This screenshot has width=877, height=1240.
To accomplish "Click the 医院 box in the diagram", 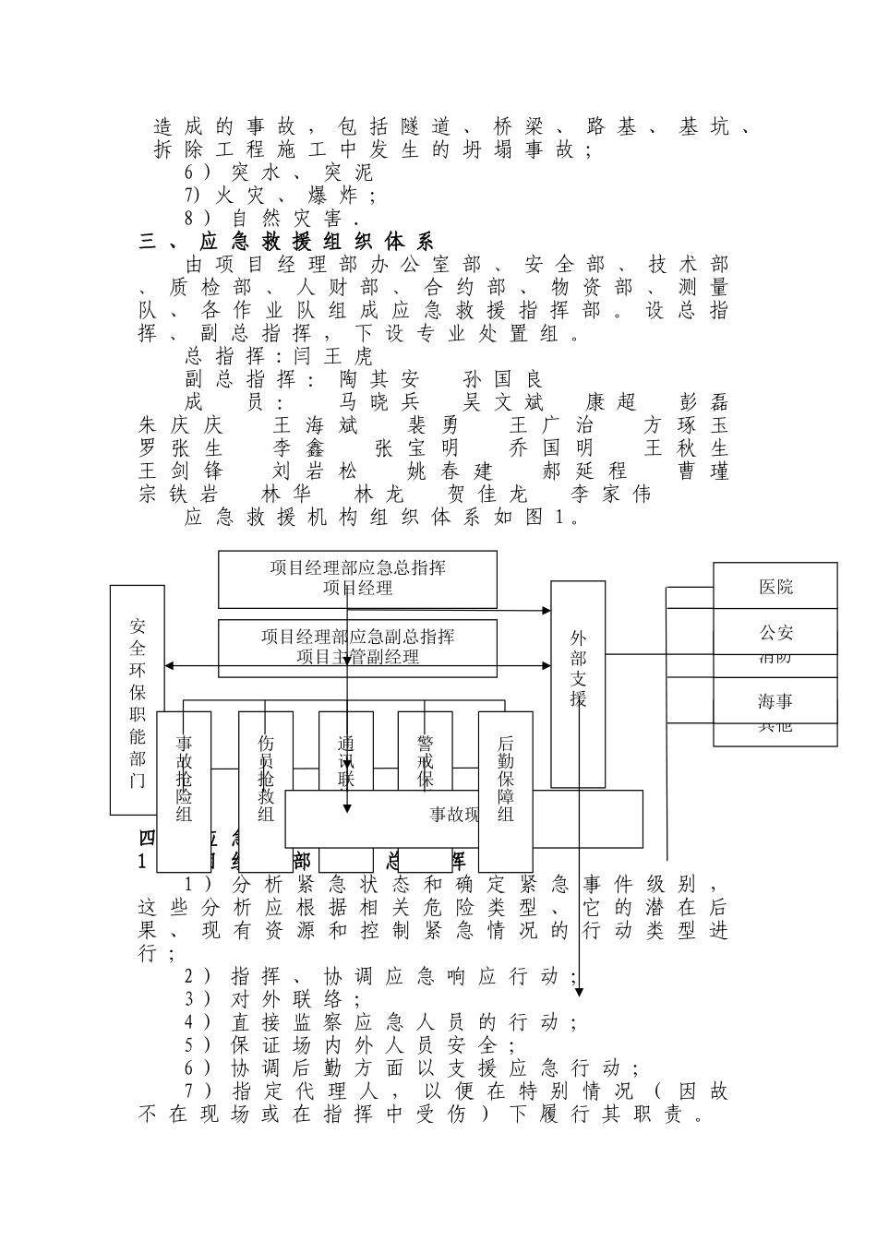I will coord(775,587).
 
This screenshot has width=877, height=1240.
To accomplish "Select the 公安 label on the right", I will coord(775,633).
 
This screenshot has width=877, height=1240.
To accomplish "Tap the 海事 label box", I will coord(775,702).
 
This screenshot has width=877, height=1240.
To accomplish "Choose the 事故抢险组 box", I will coord(184,791).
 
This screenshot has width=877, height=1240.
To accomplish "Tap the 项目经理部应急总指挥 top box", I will coord(357,578).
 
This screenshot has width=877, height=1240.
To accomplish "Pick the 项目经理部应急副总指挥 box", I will coord(357,647).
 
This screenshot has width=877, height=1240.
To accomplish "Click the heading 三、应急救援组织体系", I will coord(286,243).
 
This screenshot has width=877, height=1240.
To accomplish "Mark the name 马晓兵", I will coord(379,402).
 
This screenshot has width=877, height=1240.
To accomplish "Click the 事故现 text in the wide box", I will coord(454,815).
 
